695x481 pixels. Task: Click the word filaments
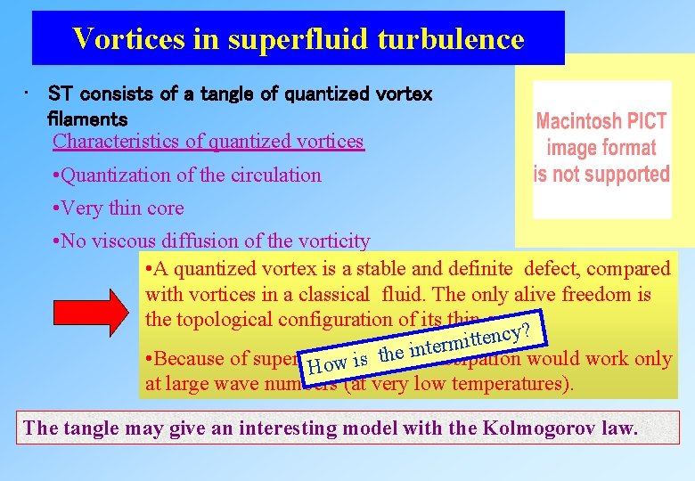87,118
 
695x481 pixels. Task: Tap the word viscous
121,241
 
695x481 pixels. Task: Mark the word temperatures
519,385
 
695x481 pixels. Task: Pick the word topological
223,319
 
